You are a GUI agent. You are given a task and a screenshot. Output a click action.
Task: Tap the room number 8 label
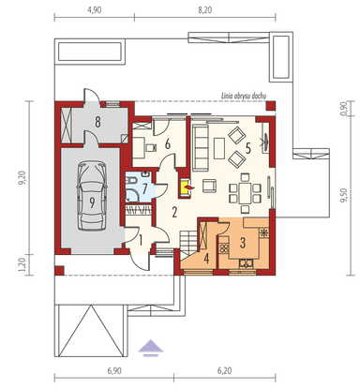[x=97, y=123]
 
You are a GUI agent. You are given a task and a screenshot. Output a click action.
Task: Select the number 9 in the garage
[x=93, y=201]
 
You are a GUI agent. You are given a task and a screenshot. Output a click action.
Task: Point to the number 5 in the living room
[x=247, y=146]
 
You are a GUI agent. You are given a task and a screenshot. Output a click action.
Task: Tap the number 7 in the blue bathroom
[x=144, y=187]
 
